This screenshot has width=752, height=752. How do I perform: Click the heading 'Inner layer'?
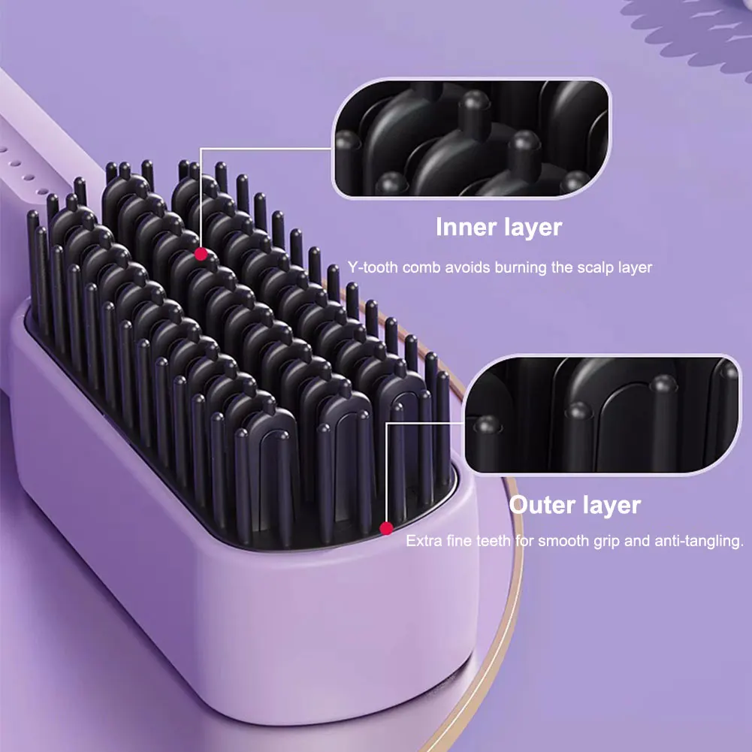498,227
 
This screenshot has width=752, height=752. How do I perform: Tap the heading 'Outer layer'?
575,505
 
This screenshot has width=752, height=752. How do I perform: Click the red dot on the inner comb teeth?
201,254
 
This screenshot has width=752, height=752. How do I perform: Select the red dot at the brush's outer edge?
386,528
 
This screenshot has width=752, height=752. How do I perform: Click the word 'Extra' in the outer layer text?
422,541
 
